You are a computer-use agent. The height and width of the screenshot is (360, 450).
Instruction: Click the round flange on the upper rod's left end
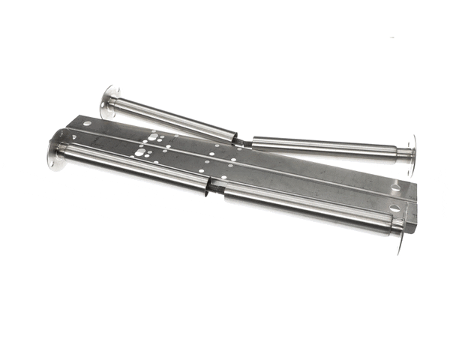point(110,101)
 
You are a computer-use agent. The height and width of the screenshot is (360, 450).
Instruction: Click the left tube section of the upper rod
point(172,118)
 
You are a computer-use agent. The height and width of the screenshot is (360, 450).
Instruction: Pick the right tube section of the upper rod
point(322,145)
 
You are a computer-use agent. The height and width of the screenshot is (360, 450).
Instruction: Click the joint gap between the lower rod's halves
point(217,187)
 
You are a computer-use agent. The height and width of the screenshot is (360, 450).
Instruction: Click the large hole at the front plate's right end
point(394,208)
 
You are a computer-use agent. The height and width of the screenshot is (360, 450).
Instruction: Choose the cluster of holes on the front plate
point(142,152)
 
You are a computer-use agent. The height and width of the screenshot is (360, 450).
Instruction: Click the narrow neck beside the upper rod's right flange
point(403,154)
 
